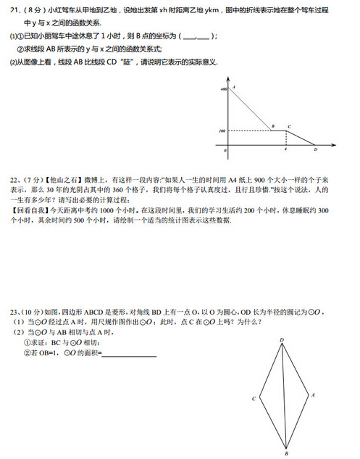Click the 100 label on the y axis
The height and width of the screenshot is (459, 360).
(x=222, y=131)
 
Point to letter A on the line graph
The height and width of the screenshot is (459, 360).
(x=234, y=86)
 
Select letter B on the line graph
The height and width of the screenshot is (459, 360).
(x=272, y=126)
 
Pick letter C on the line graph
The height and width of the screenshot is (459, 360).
(x=289, y=126)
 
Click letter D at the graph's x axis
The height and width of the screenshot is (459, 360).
(x=315, y=150)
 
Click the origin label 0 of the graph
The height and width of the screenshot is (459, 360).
(x=225, y=150)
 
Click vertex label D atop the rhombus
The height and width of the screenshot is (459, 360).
(x=282, y=339)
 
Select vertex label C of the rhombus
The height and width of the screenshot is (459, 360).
(x=254, y=399)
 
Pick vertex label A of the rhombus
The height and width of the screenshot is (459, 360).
(x=313, y=395)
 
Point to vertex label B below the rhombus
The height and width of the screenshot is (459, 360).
(x=286, y=454)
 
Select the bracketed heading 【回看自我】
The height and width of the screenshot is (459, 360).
(x=28, y=210)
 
